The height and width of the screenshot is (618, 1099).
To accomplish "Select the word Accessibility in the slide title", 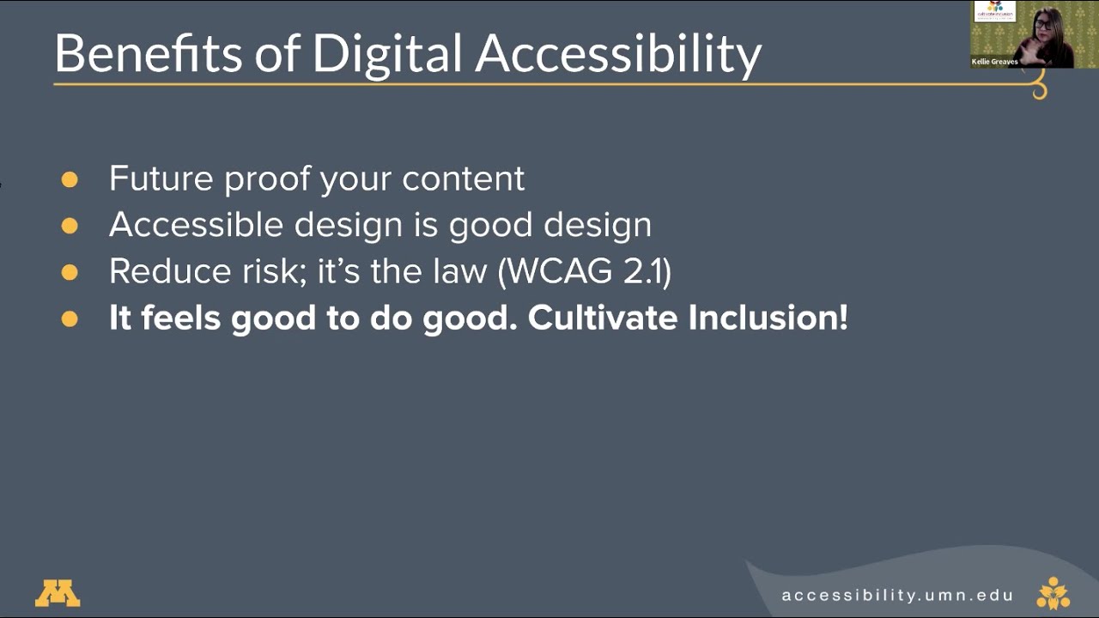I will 618,53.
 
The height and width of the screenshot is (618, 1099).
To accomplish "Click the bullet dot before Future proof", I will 70,179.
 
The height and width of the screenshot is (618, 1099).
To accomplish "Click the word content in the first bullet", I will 463,179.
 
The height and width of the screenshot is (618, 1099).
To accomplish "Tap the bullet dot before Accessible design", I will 70,226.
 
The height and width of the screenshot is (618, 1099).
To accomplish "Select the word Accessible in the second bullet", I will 197,225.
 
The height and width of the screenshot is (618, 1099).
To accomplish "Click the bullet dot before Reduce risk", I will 70,272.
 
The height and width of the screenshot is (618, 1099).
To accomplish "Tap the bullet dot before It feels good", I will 70,318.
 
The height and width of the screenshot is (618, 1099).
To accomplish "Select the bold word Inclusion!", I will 768,318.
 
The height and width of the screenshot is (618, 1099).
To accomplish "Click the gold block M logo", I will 58,593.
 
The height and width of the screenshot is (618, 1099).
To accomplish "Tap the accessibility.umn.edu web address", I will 897,595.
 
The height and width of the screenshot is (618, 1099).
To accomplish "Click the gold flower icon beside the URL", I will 1053,593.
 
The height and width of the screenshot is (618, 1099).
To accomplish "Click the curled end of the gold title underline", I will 1040,89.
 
